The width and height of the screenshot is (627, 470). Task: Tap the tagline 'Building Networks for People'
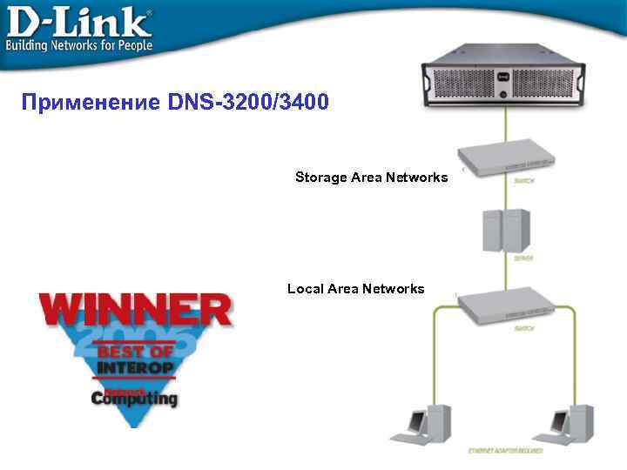pyautogui.click(x=79, y=44)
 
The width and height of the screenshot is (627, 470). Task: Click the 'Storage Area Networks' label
pyautogui.click(x=371, y=178)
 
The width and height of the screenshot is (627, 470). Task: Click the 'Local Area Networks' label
pyautogui.click(x=355, y=288)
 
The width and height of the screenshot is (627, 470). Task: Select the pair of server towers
pyautogui.click(x=507, y=231)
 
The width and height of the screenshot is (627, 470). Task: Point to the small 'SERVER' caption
pyautogui.click(x=523, y=258)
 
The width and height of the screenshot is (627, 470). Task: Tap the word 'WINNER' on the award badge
pyautogui.click(x=135, y=310)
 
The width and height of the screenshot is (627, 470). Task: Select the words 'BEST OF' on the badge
pyautogui.click(x=135, y=352)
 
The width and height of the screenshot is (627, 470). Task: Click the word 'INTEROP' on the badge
pyautogui.click(x=135, y=367)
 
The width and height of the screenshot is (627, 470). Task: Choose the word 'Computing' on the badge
pyautogui.click(x=134, y=399)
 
